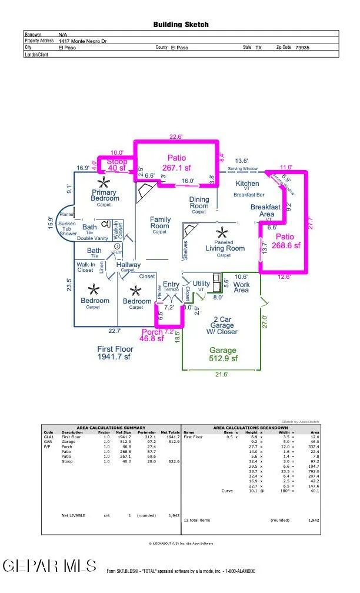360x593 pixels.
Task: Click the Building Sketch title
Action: (181, 25)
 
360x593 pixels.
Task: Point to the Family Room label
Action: (160, 225)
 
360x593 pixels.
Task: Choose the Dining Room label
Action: (199, 205)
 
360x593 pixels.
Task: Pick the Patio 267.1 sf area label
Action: (176, 162)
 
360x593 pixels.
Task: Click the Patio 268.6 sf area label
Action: (285, 241)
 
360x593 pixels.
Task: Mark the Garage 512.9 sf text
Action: (222, 354)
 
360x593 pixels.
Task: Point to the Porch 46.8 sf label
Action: (152, 335)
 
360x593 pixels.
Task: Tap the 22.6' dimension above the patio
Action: (176, 137)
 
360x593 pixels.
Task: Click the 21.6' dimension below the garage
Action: (221, 374)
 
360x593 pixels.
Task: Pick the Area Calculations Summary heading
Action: (111, 427)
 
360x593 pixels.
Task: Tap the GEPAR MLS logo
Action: (50, 565)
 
